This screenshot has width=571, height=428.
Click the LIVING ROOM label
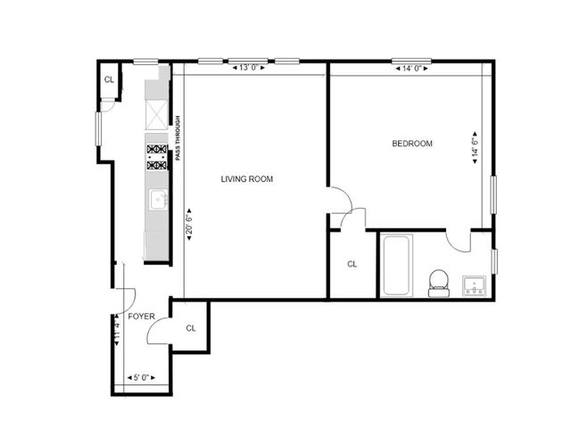coord(247,179)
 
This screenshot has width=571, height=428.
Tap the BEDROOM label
coord(412,144)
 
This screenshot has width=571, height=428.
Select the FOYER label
coord(141,317)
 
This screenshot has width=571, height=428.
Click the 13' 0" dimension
coord(247,68)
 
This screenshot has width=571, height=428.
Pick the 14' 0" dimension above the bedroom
coord(412,68)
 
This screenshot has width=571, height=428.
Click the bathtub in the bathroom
coord(396,266)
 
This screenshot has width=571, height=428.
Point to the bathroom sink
coord(474,285)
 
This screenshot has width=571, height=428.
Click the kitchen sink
coord(158,200)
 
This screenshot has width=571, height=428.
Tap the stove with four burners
coord(157,158)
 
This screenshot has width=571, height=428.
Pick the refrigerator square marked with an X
coord(157,112)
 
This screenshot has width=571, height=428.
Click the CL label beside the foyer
coord(191,328)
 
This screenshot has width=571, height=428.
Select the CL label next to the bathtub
coord(352,264)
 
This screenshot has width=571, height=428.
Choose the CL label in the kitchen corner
coord(109,80)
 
